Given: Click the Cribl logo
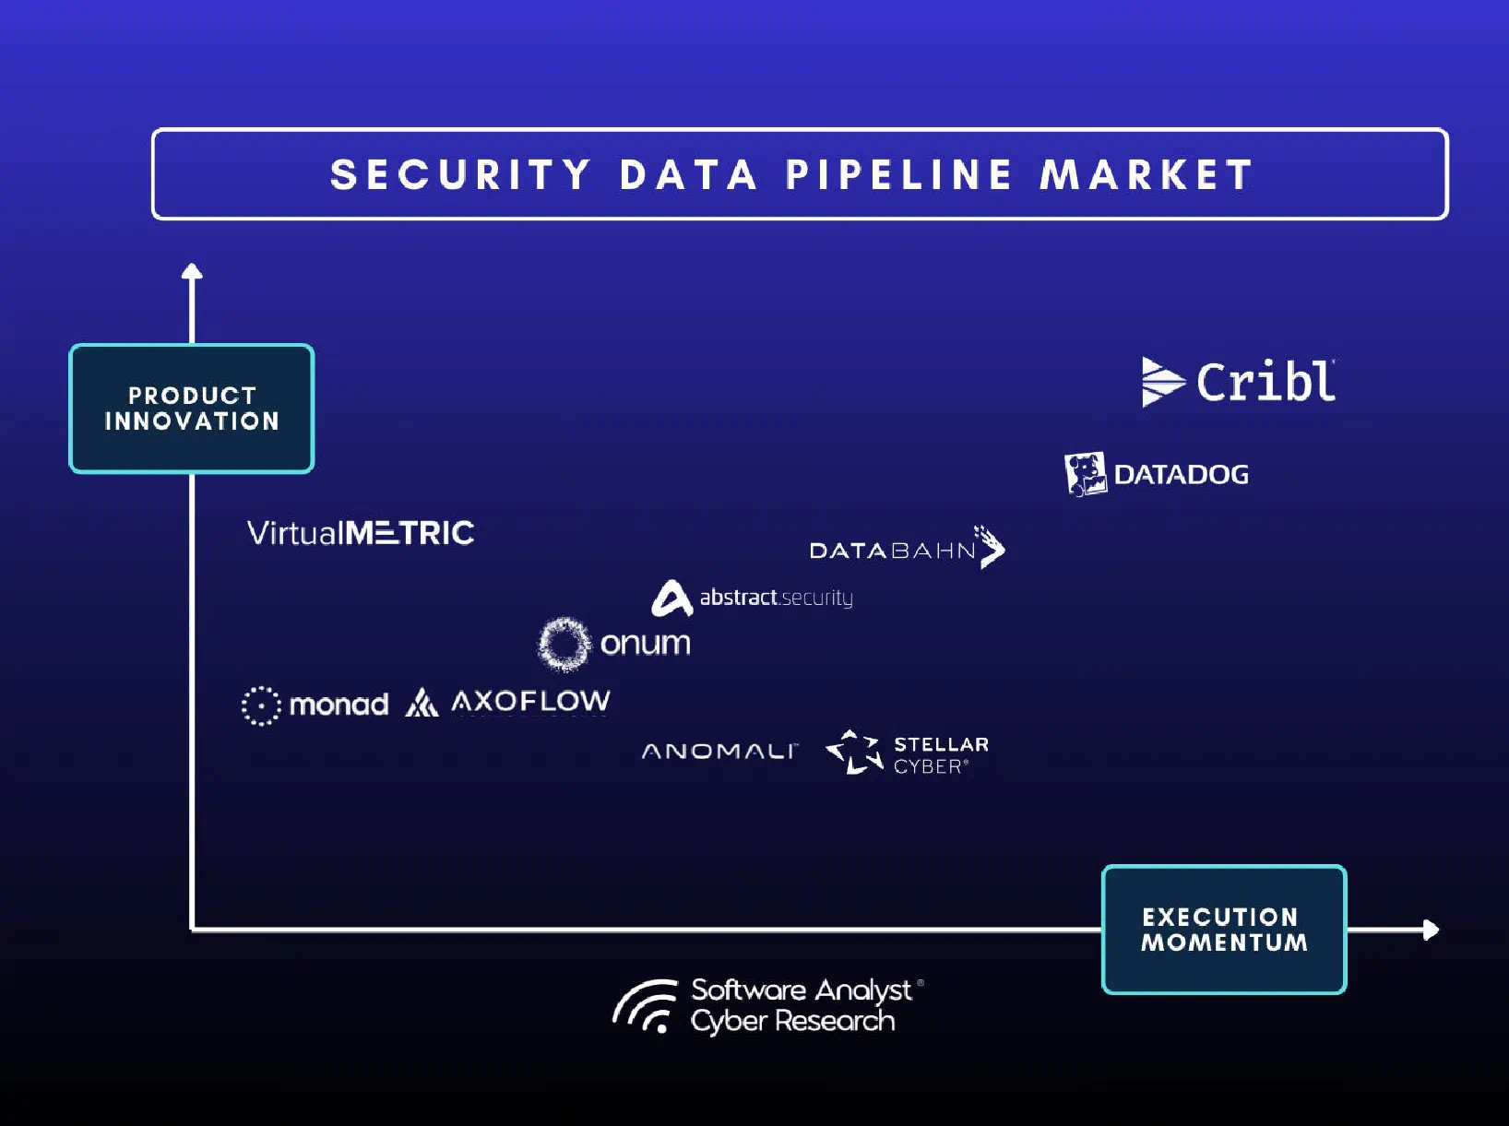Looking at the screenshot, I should pyautogui.click(x=1239, y=381).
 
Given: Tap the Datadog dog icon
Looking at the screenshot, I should pyautogui.click(x=1086, y=474).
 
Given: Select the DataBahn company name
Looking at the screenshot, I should pyautogui.click(x=892, y=551).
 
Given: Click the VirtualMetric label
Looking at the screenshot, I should pyautogui.click(x=361, y=533).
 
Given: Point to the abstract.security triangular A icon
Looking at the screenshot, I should pyautogui.click(x=671, y=598).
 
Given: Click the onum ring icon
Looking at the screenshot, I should pyautogui.click(x=564, y=644).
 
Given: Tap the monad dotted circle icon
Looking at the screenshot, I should pyautogui.click(x=261, y=705).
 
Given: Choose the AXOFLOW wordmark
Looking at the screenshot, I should pyautogui.click(x=530, y=702).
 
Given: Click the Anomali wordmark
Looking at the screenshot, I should pyautogui.click(x=719, y=752).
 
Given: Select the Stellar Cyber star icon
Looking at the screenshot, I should pyautogui.click(x=854, y=752).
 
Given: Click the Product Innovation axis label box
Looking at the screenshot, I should pyautogui.click(x=192, y=409).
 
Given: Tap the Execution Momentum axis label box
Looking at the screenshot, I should pyautogui.click(x=1224, y=930).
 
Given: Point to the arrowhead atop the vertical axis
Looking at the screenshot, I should pyautogui.click(x=192, y=271).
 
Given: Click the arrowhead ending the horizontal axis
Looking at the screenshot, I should pyautogui.click(x=1431, y=930).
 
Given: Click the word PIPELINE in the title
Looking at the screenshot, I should pyautogui.click(x=898, y=175).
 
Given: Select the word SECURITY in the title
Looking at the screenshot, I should pyautogui.click(x=461, y=175).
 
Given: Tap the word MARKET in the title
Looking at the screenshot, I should pyautogui.click(x=1147, y=175).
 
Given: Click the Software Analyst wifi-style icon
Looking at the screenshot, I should pyautogui.click(x=646, y=1006).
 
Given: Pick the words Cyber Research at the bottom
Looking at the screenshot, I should pyautogui.click(x=793, y=1021).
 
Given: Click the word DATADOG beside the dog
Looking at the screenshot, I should pyautogui.click(x=1182, y=475).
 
